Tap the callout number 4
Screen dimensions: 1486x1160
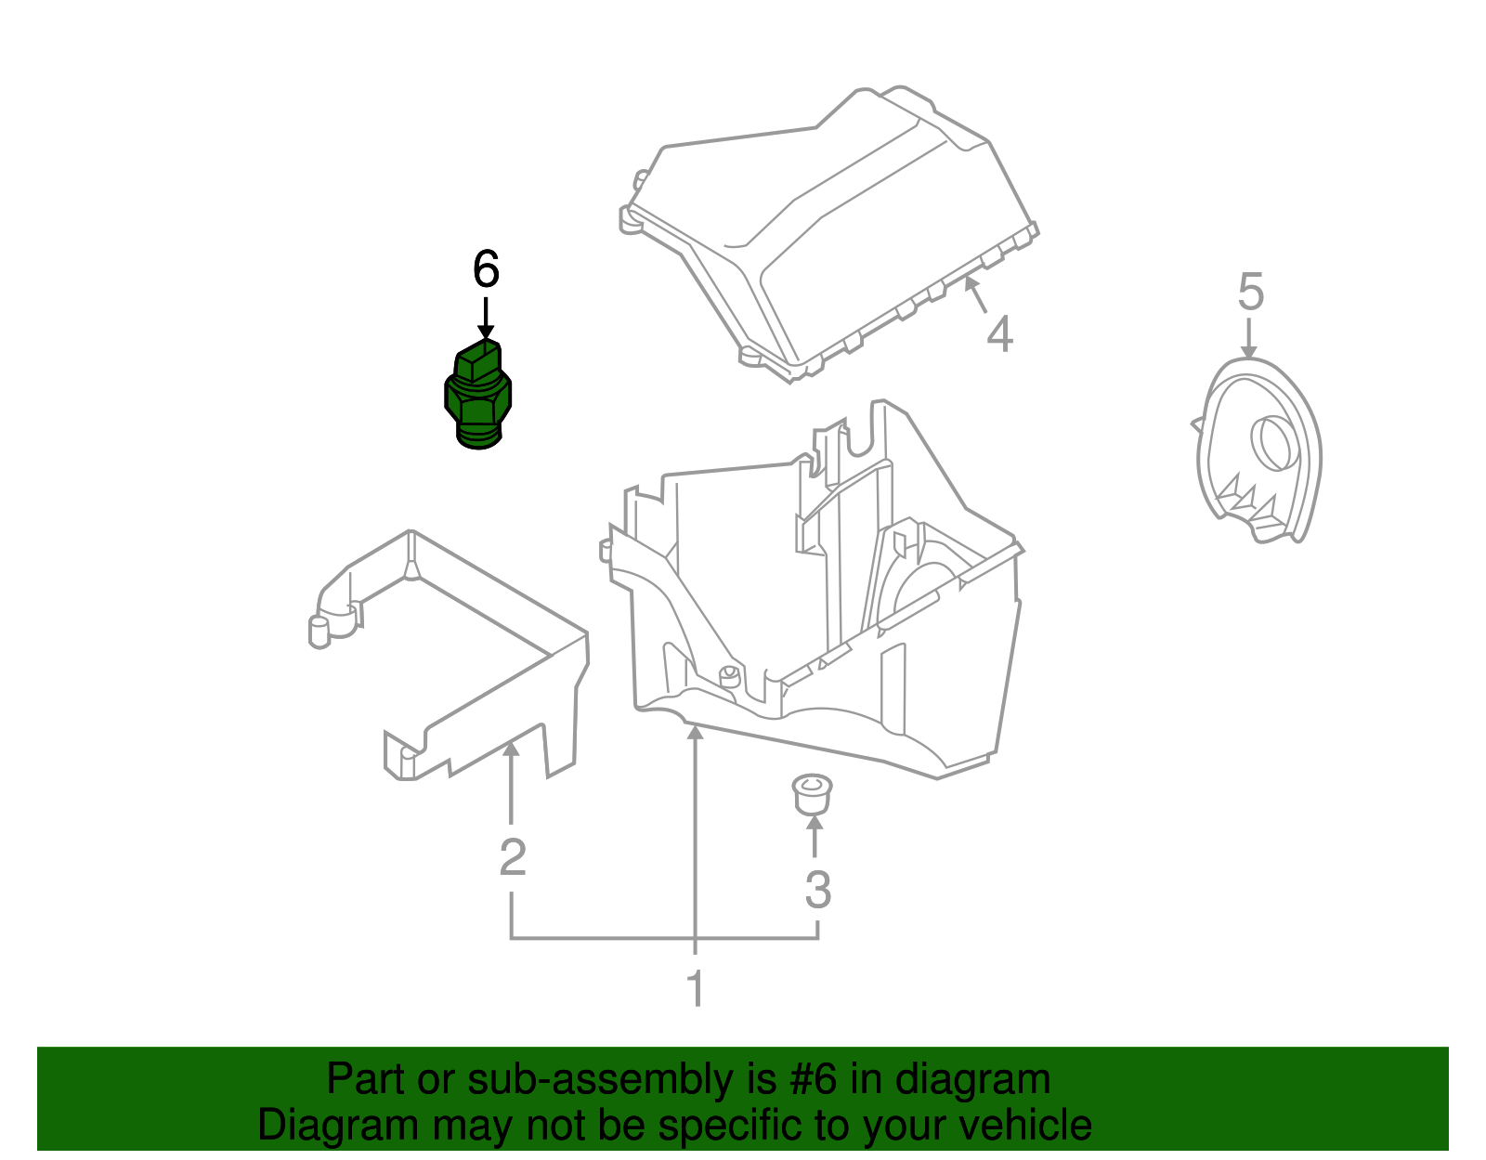[998, 334]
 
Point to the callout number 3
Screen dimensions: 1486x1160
[817, 890]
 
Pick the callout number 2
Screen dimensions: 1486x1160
[513, 856]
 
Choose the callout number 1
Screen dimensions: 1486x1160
[696, 989]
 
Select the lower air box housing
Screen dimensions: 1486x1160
[817, 604]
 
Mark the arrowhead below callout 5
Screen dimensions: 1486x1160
[1249, 351]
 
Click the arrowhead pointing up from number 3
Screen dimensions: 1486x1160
[815, 822]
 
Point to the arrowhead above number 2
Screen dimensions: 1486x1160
[510, 749]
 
